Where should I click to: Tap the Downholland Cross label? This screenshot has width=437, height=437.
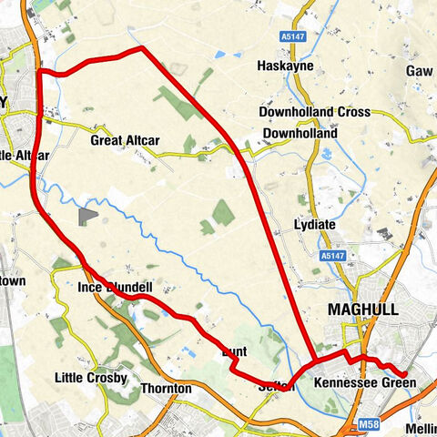[314, 112]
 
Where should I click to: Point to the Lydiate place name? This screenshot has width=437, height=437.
[315, 224]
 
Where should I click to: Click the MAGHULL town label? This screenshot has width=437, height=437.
[362, 310]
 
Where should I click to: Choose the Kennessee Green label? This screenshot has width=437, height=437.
[363, 384]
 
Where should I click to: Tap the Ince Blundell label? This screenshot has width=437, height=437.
[114, 288]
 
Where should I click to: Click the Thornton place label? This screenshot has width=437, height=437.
[166, 389]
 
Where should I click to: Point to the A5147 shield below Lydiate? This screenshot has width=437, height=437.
[332, 258]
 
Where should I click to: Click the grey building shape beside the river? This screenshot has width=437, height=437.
[87, 216]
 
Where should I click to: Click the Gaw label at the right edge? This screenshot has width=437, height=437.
[420, 70]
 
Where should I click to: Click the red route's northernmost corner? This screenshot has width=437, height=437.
[141, 49]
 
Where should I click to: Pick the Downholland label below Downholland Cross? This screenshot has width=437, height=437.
[299, 134]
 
